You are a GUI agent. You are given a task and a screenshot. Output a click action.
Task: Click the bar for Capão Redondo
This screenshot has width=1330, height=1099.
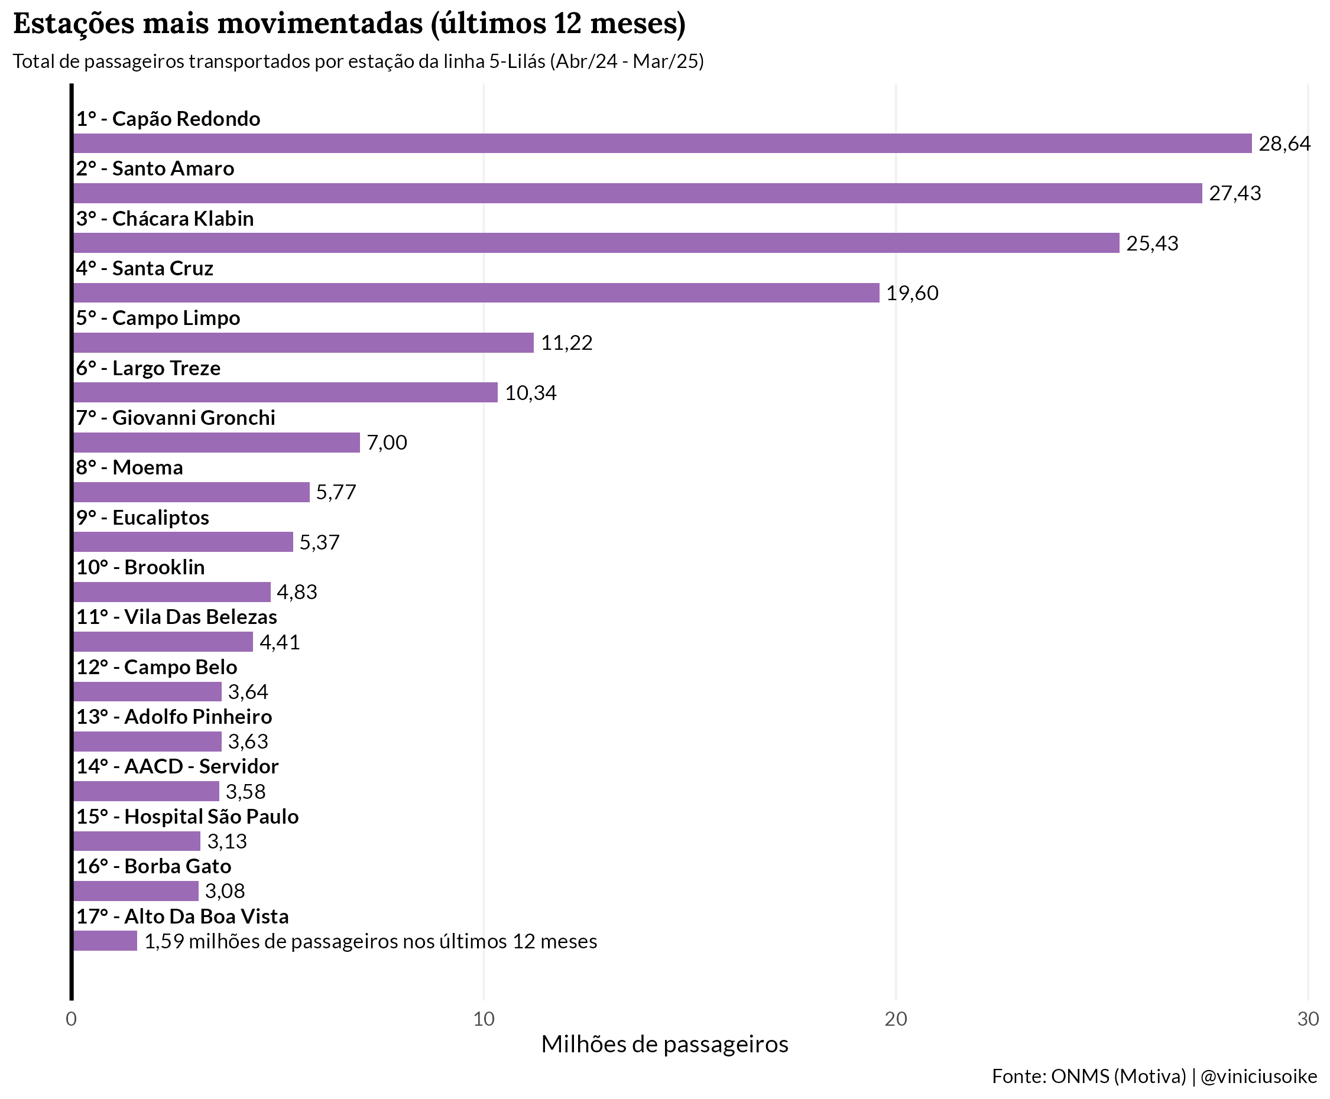662,143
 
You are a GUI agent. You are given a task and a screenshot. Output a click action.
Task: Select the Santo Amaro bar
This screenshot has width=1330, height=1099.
637,193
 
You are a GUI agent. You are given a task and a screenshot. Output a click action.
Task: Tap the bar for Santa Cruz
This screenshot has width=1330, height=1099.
476,292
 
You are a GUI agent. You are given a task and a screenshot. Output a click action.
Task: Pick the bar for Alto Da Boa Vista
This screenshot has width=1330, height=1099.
105,941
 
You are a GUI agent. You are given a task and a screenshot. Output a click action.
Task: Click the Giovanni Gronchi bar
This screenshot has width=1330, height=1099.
216,443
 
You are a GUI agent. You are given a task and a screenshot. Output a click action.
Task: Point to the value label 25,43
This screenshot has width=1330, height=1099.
1152,243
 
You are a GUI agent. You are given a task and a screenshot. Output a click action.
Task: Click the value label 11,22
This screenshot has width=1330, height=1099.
567,343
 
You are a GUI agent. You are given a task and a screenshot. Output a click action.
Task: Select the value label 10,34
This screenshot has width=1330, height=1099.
531,393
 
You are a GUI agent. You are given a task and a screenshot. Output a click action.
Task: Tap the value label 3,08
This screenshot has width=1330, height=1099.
225,892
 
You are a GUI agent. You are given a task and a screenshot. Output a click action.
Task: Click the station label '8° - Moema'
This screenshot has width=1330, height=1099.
130,468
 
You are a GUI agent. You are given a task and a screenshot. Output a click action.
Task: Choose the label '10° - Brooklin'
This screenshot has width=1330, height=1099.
141,567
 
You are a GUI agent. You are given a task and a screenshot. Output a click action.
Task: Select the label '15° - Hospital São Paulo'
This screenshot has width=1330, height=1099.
187,817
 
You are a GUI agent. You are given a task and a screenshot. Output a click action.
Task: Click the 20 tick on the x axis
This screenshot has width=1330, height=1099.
896,1019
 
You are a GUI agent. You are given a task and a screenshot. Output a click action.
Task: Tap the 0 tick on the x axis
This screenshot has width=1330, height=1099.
72,1019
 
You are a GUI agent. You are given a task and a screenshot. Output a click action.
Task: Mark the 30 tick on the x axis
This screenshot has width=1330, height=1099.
1308,1019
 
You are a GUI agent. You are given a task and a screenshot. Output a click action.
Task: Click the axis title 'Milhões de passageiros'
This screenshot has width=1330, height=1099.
664,1045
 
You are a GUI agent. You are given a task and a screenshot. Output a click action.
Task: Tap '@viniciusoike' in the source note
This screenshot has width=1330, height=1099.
1258,1077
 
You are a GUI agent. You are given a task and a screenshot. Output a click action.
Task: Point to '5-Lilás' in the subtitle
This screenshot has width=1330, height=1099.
517,61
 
